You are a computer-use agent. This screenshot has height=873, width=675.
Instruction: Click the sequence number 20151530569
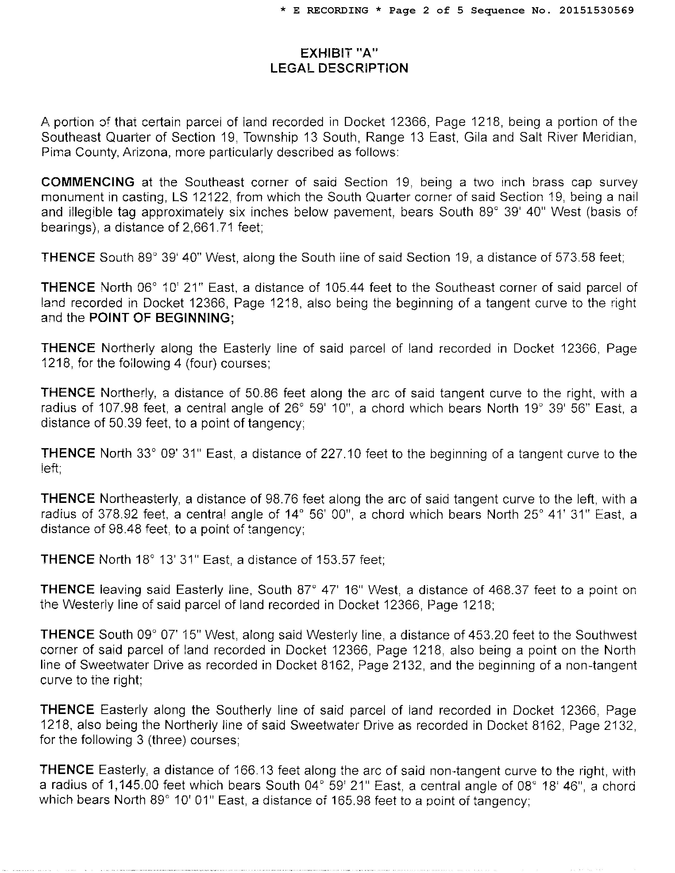click(596, 10)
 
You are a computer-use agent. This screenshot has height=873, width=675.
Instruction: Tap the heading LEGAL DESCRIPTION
click(339, 68)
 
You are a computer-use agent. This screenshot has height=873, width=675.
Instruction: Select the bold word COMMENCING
click(88, 182)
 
